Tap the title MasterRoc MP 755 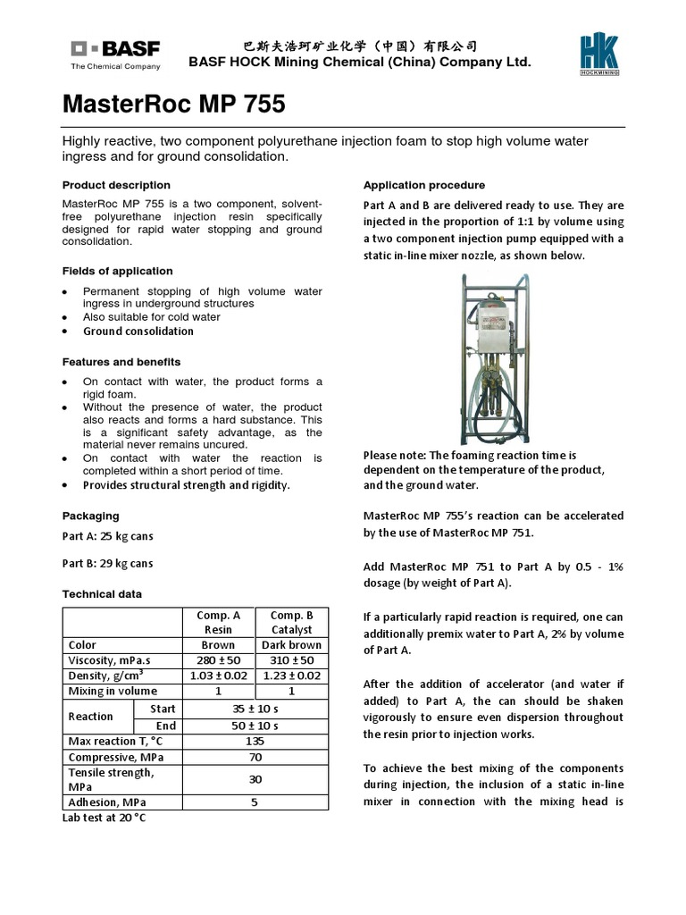click(x=174, y=105)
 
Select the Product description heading click(x=116, y=185)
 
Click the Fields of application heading click(x=117, y=271)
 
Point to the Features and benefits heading click(x=121, y=362)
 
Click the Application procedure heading click(x=424, y=185)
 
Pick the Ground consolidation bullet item click(x=138, y=332)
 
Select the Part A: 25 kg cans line click(x=107, y=535)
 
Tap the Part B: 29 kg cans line click(x=107, y=563)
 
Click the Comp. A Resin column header click(x=218, y=622)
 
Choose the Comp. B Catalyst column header click(x=291, y=622)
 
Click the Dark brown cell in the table click(x=291, y=645)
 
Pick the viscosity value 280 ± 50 click(x=218, y=660)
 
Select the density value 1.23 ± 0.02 click(x=291, y=676)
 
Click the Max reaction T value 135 click(x=255, y=741)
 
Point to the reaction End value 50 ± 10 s click(x=255, y=725)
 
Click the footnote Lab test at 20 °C click(x=104, y=818)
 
